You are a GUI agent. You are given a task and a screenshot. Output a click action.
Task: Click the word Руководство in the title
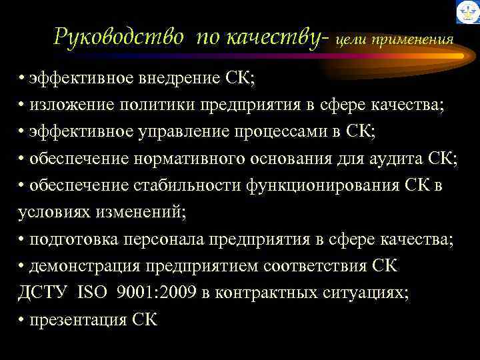tap(119, 37)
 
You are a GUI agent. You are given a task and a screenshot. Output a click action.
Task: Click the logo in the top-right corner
tap(467, 13)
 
